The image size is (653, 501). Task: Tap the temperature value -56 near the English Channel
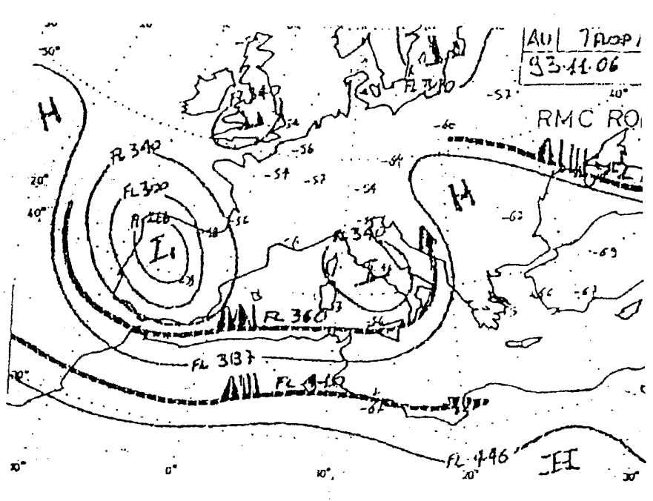[x=302, y=149]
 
